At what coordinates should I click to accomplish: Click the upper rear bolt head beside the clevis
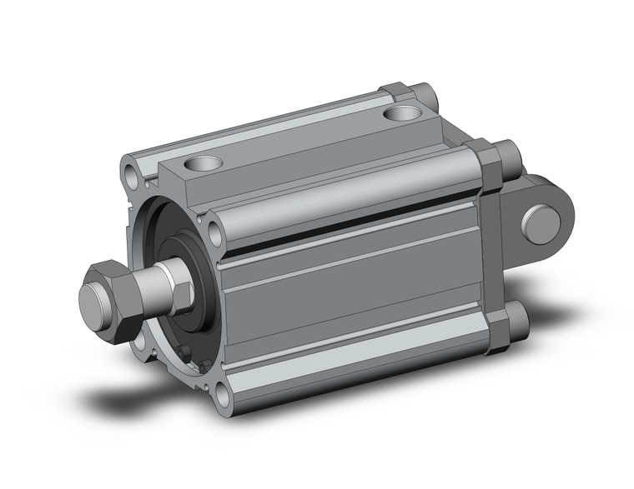506,154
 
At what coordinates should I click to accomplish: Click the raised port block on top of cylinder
300,150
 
